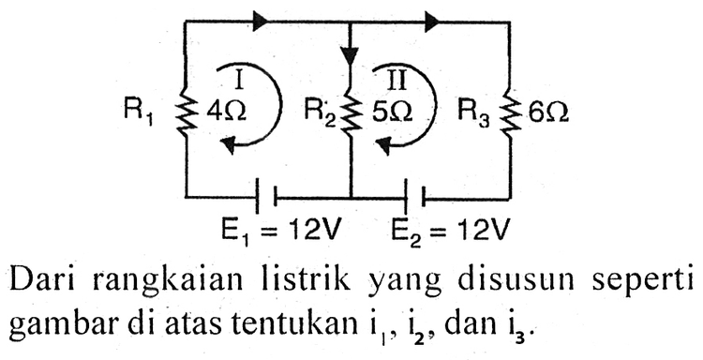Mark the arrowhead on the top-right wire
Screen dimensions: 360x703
433,18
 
